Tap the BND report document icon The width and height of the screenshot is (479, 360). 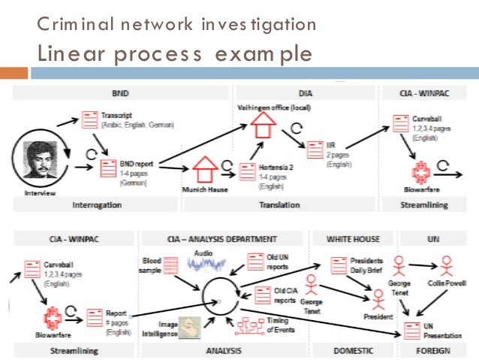click(x=108, y=167)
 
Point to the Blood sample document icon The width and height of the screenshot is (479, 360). click(x=171, y=265)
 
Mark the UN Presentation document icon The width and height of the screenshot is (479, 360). click(x=411, y=328)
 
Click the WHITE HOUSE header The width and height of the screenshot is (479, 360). click(x=354, y=239)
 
